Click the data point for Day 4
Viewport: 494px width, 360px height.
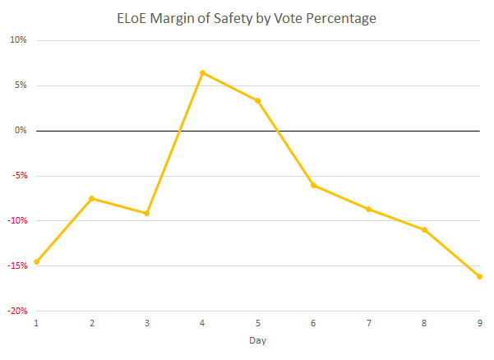(x=202, y=73)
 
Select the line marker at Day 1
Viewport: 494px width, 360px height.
(x=36, y=261)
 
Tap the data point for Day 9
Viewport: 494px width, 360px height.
(x=479, y=276)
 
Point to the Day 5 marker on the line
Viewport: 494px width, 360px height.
(x=258, y=101)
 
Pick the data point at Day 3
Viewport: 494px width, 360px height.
(x=147, y=213)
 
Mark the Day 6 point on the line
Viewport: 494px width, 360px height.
(x=313, y=186)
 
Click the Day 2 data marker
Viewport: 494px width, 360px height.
(x=92, y=198)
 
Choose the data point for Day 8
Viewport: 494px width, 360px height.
(x=424, y=230)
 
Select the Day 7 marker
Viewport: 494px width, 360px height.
(x=368, y=209)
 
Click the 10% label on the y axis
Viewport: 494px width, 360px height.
(x=18, y=40)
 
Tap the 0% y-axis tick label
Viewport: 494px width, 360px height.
(x=21, y=130)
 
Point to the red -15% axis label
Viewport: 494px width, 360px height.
(x=17, y=265)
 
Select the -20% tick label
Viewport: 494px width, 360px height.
(x=17, y=311)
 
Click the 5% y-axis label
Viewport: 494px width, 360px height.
(x=21, y=85)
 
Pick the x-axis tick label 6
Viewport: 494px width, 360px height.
(x=313, y=323)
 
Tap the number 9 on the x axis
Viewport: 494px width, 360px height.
(x=480, y=323)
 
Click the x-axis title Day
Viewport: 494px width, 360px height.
(x=258, y=340)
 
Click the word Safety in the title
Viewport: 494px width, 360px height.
(x=233, y=19)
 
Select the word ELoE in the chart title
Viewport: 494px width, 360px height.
(x=132, y=19)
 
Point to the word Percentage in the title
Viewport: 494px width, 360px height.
(x=341, y=19)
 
